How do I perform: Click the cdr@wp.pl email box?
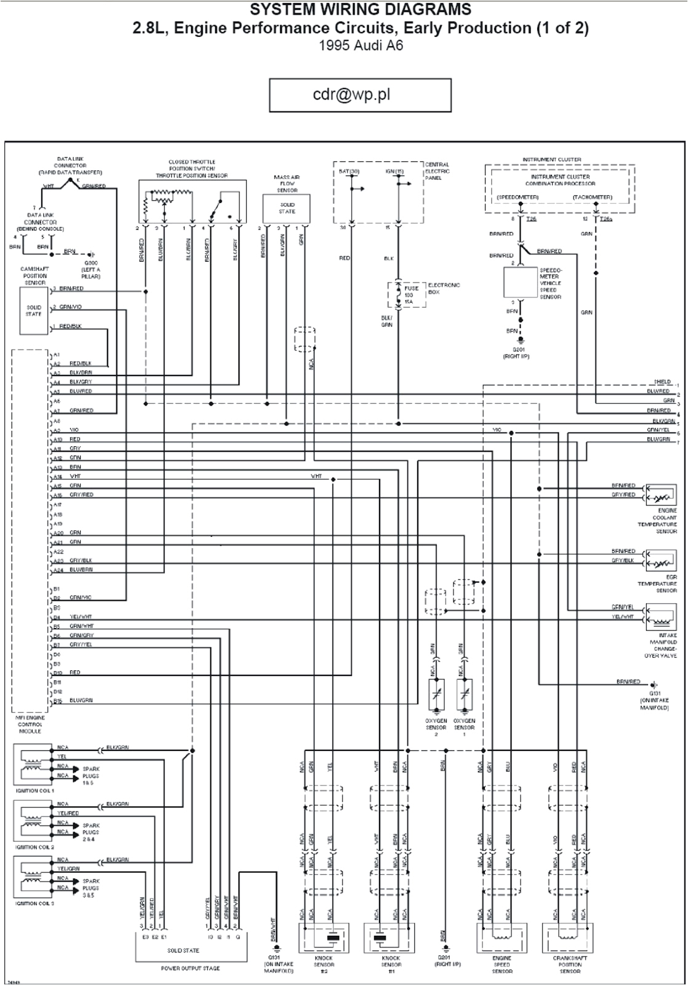tap(360, 95)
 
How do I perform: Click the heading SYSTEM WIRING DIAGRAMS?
tap(361, 9)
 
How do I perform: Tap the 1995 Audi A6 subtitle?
tap(361, 46)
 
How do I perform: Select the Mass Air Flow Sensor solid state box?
tap(287, 209)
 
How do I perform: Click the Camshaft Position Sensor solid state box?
tap(34, 311)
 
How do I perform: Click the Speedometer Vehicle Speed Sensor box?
tap(521, 283)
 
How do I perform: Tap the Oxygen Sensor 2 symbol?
tap(436, 696)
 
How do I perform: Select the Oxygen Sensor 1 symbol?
tap(465, 696)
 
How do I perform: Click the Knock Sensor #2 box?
tap(324, 938)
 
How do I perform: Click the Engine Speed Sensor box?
tap(502, 938)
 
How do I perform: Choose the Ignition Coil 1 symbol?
tap(36, 764)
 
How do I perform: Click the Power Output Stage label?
tap(190, 968)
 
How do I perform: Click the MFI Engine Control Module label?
tap(30, 725)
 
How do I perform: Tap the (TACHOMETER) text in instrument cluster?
tap(592, 197)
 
